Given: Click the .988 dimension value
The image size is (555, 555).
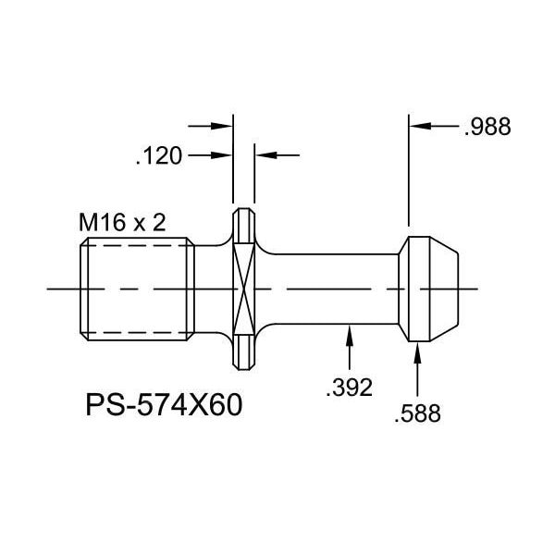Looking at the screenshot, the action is (x=487, y=127).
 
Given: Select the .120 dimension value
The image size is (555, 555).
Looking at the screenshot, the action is (x=159, y=156).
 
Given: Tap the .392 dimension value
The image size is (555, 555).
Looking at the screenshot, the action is (x=349, y=388).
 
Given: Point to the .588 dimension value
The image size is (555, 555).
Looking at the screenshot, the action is (x=418, y=413).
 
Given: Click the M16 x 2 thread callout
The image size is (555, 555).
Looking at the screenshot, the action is (x=122, y=223).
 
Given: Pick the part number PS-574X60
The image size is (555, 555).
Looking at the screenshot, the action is (x=164, y=405).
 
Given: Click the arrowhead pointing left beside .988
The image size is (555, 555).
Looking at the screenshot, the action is (x=420, y=126).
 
